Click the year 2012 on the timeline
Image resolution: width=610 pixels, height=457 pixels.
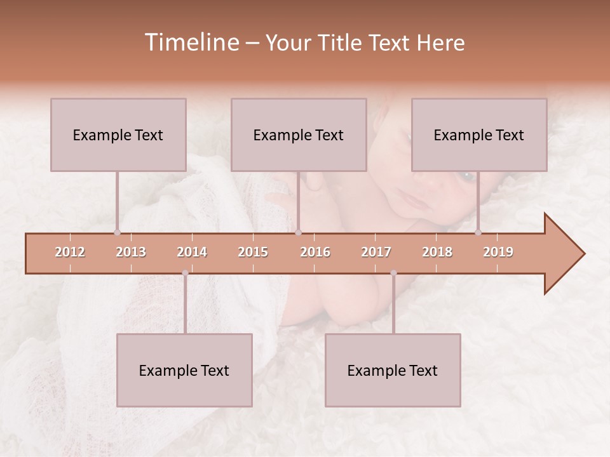click(70, 252)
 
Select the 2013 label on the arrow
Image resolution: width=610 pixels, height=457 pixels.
click(131, 252)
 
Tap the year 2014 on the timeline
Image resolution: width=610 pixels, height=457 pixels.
click(192, 252)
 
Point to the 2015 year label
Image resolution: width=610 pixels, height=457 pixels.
click(253, 252)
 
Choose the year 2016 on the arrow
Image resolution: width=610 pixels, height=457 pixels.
click(315, 252)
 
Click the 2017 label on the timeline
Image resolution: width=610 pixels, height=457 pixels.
click(376, 252)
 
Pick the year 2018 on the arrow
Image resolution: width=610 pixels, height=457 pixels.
click(437, 252)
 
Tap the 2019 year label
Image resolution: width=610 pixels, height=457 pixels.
click(498, 252)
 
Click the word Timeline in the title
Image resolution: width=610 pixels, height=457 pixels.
click(190, 43)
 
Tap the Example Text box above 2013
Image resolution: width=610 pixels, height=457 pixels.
click(118, 135)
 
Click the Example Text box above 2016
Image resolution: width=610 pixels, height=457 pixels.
click(299, 135)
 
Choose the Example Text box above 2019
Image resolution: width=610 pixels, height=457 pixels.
click(479, 135)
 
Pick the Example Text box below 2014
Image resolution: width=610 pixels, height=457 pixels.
click(184, 370)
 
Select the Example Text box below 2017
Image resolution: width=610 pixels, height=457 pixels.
click(393, 370)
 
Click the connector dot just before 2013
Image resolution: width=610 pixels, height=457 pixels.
click(117, 233)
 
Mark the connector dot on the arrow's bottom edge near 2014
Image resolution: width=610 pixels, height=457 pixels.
click(185, 274)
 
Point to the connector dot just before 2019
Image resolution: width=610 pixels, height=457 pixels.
click(478, 233)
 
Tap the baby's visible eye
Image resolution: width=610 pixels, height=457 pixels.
click(467, 175)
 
